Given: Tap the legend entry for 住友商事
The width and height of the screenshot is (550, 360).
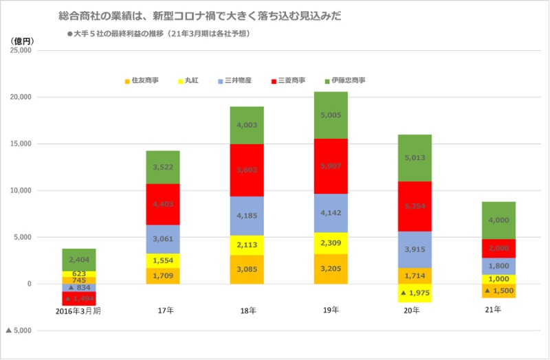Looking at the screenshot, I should tap(141, 80).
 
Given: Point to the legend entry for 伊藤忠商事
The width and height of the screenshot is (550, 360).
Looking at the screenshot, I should tap(344, 80).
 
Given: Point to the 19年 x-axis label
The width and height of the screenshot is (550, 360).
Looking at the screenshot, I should tap(331, 311).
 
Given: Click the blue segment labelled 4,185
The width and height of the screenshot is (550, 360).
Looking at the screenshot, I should tap(247, 216).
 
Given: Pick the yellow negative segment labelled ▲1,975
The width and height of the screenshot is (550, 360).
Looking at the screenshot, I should tap(415, 293).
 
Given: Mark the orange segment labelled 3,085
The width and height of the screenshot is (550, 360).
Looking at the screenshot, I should tap(247, 269).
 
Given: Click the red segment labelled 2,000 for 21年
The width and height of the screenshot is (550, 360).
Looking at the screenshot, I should tap(498, 249).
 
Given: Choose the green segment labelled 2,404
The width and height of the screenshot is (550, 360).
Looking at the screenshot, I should tap(79, 260).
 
